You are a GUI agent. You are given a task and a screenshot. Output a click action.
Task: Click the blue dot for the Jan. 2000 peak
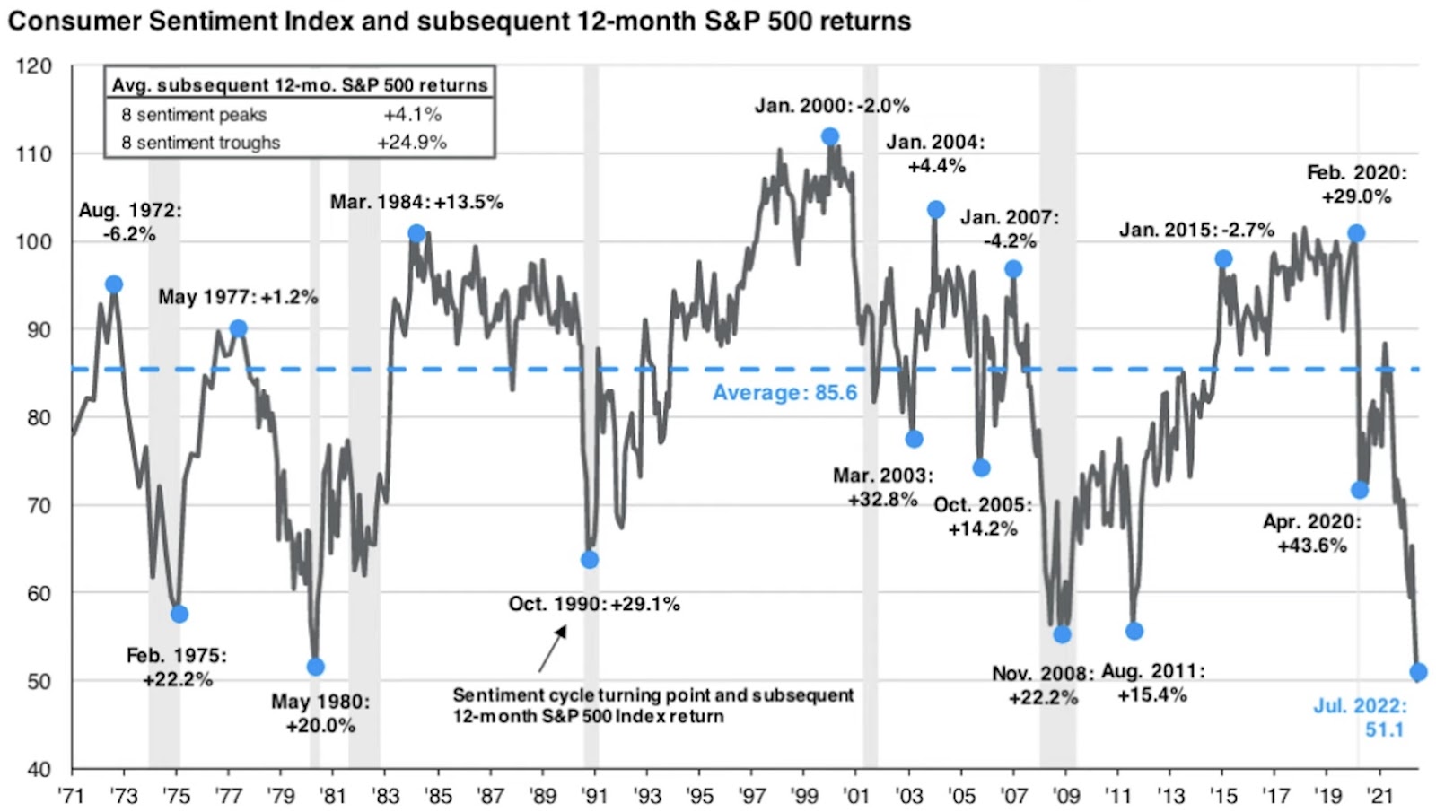tap(830, 136)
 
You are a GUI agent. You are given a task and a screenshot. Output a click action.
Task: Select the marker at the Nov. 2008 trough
tap(1062, 634)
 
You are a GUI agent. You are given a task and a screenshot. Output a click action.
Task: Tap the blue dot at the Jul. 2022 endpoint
tap(1418, 672)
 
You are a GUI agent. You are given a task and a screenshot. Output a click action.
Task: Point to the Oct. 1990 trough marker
tap(590, 560)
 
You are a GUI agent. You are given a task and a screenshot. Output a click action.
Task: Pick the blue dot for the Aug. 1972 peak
tap(114, 284)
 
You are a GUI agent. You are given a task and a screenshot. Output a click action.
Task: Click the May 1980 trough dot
tap(315, 667)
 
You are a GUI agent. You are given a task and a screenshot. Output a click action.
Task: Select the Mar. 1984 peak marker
tap(416, 233)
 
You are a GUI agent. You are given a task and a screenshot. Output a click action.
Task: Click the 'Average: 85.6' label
tap(784, 393)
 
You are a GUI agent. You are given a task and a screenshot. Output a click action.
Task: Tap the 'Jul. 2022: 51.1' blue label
tap(1360, 718)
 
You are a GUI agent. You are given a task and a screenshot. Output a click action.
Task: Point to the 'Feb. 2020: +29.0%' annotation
tap(1356, 184)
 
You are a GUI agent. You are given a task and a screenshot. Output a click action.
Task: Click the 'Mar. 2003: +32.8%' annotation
tap(883, 487)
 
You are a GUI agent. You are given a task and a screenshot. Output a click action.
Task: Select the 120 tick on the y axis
tap(34, 66)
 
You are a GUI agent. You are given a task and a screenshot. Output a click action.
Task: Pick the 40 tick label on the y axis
tap(39, 769)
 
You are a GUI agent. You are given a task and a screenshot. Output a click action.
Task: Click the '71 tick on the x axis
tap(71, 796)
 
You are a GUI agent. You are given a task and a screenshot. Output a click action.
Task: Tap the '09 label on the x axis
tap(1066, 796)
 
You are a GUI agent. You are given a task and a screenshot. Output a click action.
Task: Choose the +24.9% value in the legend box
tap(412, 143)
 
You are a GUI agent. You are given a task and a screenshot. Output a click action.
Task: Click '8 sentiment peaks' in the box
tap(194, 115)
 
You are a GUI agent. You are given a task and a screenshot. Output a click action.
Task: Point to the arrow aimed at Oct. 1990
tap(553, 648)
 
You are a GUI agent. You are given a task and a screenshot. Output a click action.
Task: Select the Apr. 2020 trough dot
tap(1359, 490)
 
